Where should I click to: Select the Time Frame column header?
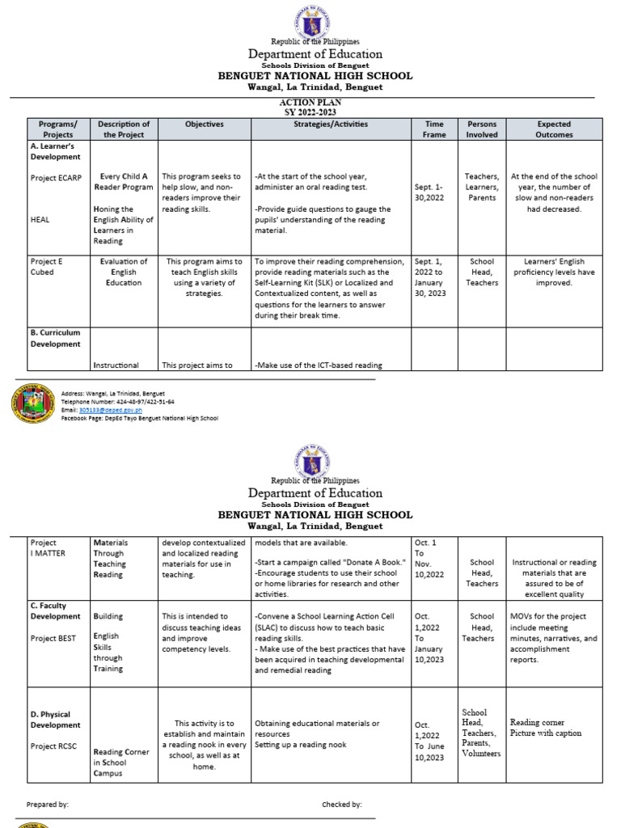tap(434, 129)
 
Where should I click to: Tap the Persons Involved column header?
tap(482, 129)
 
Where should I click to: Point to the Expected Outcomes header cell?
tap(554, 129)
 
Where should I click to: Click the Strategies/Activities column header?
tap(331, 125)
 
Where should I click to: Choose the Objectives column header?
tap(204, 125)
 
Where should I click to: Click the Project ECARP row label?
tap(55, 176)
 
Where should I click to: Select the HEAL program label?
tap(40, 218)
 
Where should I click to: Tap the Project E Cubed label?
tap(46, 267)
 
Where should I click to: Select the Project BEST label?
tap(53, 638)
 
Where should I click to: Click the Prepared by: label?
tap(48, 805)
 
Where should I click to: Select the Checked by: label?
tap(342, 805)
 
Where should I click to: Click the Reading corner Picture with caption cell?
tap(546, 728)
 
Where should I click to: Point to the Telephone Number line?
tap(118, 401)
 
